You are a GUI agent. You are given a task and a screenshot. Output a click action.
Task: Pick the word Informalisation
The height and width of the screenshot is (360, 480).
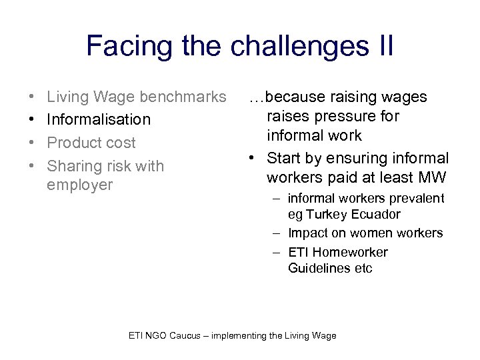(x=99, y=120)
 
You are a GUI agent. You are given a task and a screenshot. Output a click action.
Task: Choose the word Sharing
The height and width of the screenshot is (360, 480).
(x=74, y=165)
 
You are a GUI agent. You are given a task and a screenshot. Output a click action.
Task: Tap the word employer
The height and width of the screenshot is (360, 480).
(x=80, y=184)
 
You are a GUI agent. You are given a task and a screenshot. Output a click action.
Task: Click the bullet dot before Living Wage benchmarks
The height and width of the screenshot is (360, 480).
(x=33, y=98)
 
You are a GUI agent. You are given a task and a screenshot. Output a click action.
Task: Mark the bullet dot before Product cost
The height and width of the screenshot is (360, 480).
(x=33, y=143)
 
